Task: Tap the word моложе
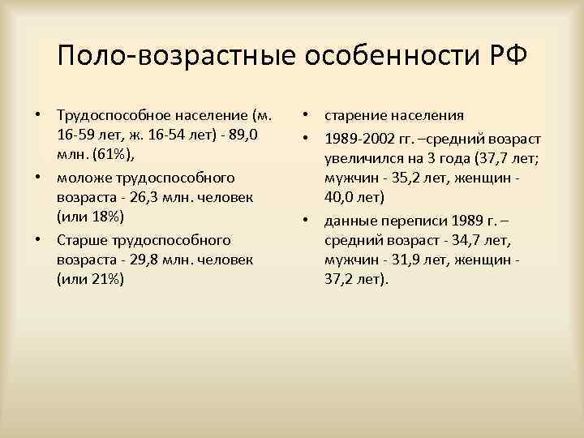point(84,177)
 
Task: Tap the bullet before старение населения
point(307,113)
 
